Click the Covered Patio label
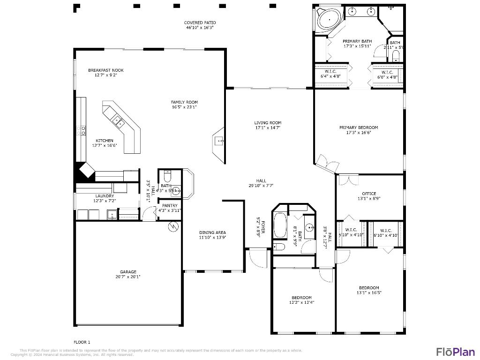click(200, 22)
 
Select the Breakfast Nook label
click(106, 70)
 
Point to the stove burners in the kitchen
click(83, 130)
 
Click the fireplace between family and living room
click(218, 140)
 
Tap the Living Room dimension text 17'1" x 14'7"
click(268, 127)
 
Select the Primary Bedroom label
click(359, 127)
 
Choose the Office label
click(369, 194)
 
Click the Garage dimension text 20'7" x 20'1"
click(128, 277)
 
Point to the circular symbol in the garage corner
click(173, 226)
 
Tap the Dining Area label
click(213, 232)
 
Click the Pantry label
click(169, 205)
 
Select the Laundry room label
click(105, 196)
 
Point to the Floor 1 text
click(82, 342)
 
